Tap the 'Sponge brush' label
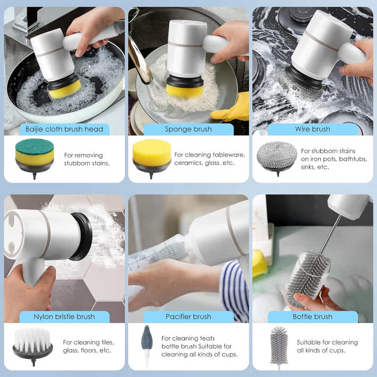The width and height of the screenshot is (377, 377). click(x=188, y=129)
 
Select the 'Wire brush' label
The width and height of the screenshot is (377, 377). click(x=312, y=129)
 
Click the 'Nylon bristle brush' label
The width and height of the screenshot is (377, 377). click(x=64, y=317)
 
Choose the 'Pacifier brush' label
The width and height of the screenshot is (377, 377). click(x=188, y=317)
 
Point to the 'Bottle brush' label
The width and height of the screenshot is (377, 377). click(x=312, y=317)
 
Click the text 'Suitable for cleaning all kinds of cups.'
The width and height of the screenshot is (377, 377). click(x=327, y=346)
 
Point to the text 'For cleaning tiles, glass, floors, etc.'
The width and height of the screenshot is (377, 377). click(x=88, y=346)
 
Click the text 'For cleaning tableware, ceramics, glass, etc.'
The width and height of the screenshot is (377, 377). click(x=209, y=159)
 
